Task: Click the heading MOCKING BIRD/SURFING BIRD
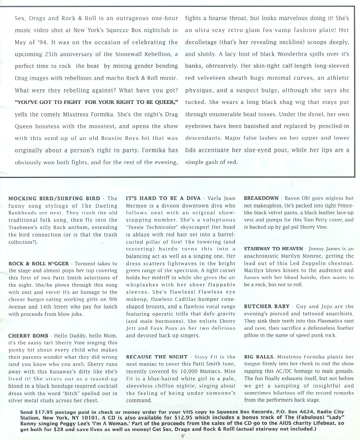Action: pos(54,198)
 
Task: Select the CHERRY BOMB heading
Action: pos(28,336)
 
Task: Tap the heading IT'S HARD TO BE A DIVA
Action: pos(163,198)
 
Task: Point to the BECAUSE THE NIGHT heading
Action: pos(157,357)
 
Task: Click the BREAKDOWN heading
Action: pos(261,198)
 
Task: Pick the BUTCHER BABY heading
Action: pos(267,307)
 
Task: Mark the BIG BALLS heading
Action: pos(259,357)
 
